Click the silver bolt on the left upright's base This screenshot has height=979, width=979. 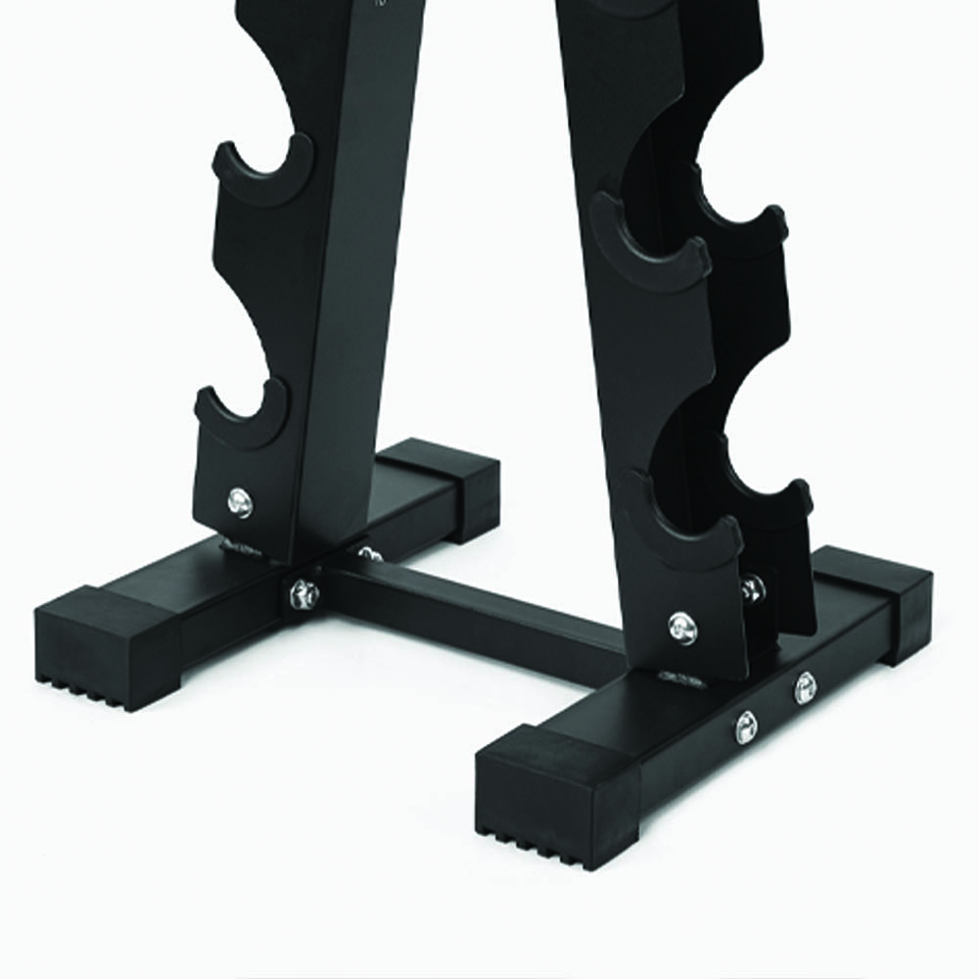click(x=239, y=503)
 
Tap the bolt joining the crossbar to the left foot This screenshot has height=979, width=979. click(x=303, y=593)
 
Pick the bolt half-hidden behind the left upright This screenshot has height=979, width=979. click(x=369, y=555)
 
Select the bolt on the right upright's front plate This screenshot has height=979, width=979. click(x=682, y=626)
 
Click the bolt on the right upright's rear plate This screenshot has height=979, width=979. click(x=752, y=588)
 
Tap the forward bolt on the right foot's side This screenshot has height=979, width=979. click(x=746, y=726)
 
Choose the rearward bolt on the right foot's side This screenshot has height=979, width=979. click(x=805, y=688)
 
